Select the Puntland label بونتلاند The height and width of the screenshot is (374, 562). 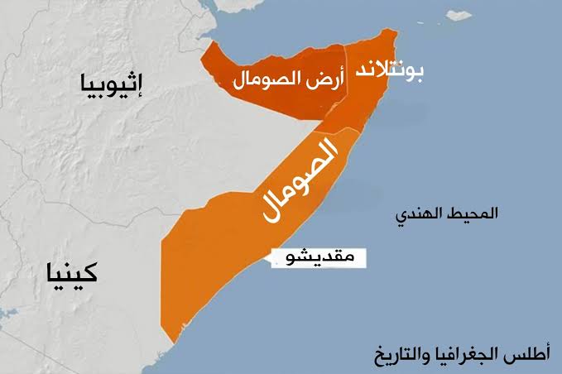[x=388, y=72]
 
